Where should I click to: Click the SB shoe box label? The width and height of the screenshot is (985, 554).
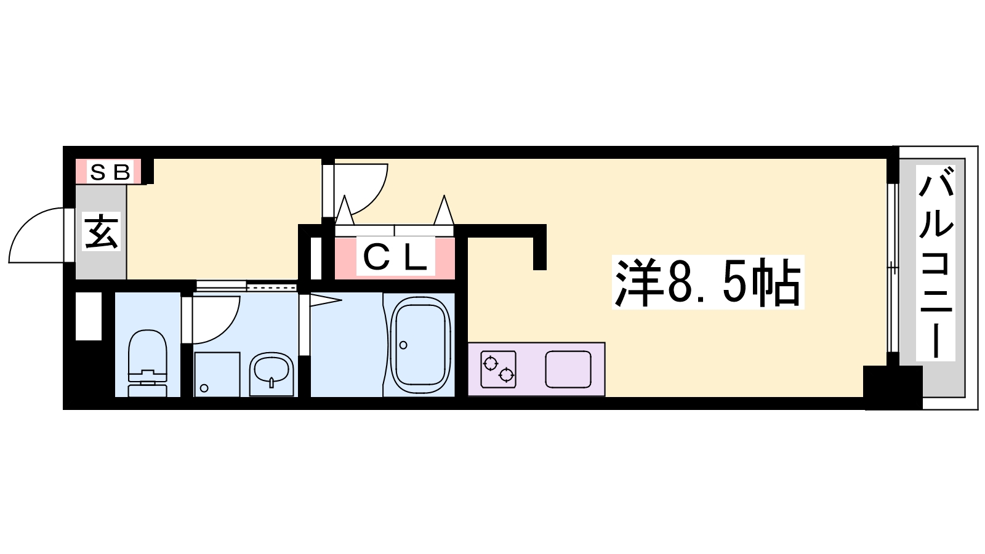point(110,172)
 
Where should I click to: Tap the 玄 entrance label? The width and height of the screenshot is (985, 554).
point(101,231)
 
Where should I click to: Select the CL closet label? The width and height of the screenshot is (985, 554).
point(395,257)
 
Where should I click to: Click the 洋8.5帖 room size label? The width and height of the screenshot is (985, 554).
point(707,282)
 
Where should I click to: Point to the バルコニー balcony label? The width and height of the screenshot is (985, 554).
point(936,263)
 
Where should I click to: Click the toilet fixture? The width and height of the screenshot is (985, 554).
point(147,363)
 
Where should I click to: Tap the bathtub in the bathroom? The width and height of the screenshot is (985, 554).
point(420,345)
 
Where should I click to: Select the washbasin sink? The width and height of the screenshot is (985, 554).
point(271,374)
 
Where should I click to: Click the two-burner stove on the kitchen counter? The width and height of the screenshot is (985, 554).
point(498,369)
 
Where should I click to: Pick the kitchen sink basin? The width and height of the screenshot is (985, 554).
point(568,369)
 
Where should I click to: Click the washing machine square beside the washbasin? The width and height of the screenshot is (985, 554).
point(217,374)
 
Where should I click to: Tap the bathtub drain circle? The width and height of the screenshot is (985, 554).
point(403,345)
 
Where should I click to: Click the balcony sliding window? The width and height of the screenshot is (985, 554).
point(893,268)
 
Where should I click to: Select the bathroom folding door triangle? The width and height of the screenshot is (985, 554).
point(326,301)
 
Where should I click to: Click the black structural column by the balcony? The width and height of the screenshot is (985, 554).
point(893,387)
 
